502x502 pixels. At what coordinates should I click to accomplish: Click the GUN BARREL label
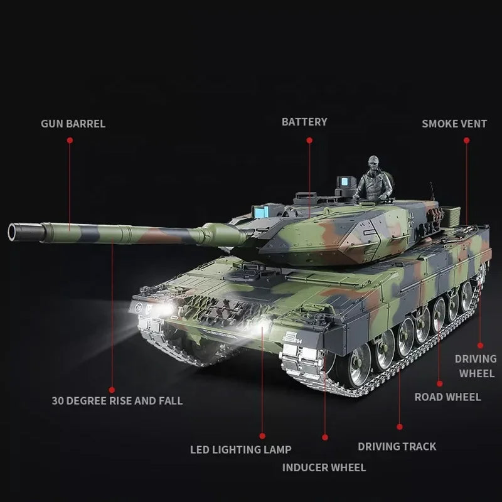point(73,124)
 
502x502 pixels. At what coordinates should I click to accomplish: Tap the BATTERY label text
point(304,122)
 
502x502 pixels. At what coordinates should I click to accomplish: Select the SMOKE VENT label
point(454,124)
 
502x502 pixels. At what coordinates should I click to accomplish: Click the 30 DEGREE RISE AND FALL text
point(117,401)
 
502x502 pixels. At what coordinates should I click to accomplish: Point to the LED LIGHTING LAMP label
point(241,449)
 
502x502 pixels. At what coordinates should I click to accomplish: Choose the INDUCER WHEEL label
point(324,467)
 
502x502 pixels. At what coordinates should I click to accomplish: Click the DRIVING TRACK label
point(397,447)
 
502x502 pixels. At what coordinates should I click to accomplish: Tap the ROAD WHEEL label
point(447,397)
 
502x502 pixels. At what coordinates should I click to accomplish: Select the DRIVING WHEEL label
point(476,366)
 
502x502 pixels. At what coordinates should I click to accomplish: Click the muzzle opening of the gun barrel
point(13,232)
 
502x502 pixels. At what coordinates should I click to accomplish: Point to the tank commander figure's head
point(373,162)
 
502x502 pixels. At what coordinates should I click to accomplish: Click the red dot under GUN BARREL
point(70,140)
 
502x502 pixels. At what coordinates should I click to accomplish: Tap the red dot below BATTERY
point(309,140)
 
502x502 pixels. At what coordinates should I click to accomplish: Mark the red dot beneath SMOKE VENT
point(466,140)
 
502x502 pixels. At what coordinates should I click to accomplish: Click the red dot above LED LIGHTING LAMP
point(262,436)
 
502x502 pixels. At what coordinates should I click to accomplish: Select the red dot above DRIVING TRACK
point(400,427)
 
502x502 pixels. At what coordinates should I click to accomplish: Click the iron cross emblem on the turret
point(412,218)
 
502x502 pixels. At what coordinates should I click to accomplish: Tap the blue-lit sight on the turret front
point(260,211)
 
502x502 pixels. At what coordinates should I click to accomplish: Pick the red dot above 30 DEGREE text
point(112,390)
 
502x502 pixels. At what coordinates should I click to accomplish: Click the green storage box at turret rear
point(451,213)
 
